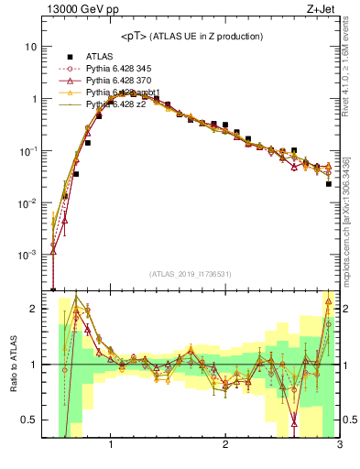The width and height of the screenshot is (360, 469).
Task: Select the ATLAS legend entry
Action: [101, 56]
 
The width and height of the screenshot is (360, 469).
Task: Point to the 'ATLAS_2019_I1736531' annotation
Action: [191, 275]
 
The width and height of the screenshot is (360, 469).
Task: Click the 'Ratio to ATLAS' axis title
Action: [13, 364]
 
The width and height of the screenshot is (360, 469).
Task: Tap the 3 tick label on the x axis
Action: [339, 446]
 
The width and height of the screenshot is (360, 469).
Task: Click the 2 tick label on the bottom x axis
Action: [225, 446]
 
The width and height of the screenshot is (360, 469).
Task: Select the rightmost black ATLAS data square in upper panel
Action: [328, 184]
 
